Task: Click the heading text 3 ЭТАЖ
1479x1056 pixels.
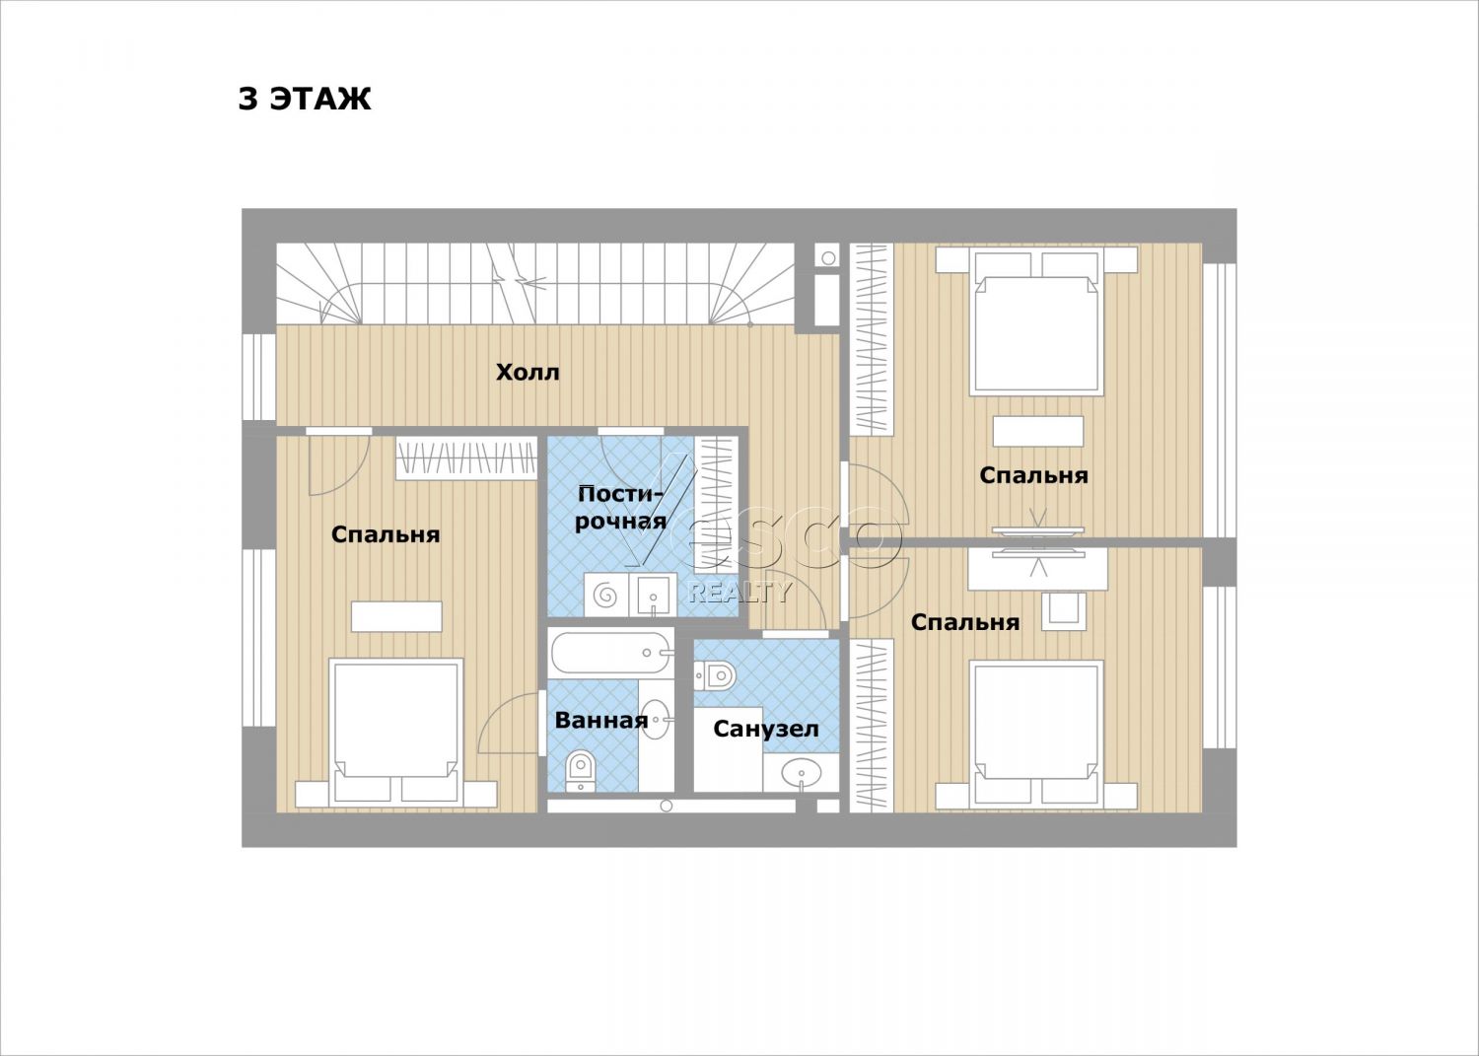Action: (305, 99)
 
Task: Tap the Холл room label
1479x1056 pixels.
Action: (528, 373)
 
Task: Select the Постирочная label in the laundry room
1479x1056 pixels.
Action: (620, 507)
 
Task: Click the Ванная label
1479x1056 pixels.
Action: (600, 720)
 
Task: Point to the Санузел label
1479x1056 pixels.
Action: (766, 729)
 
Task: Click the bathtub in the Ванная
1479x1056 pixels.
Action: (610, 653)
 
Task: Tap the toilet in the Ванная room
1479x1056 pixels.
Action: (581, 770)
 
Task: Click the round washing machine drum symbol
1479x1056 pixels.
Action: (605, 596)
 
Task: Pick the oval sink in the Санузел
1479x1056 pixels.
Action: (802, 771)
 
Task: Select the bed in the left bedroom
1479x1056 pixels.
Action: (395, 733)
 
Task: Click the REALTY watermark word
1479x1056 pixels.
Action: (739, 593)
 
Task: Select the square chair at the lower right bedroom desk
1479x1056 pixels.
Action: (1064, 611)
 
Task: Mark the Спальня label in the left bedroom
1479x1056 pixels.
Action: (386, 534)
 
